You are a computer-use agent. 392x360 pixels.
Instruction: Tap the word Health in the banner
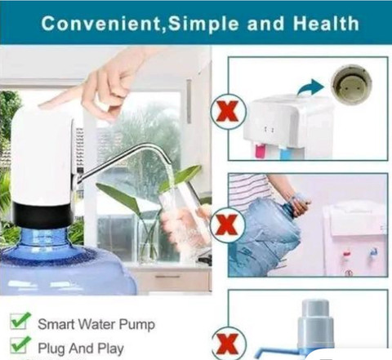(326, 24)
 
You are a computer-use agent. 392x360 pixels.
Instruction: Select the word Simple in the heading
(203, 24)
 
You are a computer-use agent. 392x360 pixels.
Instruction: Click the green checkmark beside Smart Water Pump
(20, 321)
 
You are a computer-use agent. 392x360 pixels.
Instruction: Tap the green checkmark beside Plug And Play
(20, 344)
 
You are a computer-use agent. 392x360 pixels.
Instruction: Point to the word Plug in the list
(51, 349)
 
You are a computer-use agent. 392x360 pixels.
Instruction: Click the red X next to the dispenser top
(228, 112)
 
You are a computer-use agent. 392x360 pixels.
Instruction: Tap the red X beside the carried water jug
(227, 225)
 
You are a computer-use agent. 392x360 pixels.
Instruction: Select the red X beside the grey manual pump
(228, 344)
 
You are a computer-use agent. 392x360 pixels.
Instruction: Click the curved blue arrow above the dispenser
(310, 87)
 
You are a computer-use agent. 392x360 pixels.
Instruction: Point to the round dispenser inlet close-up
(351, 84)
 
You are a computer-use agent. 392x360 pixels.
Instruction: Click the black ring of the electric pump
(43, 216)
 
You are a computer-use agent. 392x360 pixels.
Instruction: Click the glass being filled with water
(182, 218)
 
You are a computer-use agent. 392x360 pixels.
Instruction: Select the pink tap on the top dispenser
(259, 152)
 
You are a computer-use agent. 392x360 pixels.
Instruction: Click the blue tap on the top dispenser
(284, 153)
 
